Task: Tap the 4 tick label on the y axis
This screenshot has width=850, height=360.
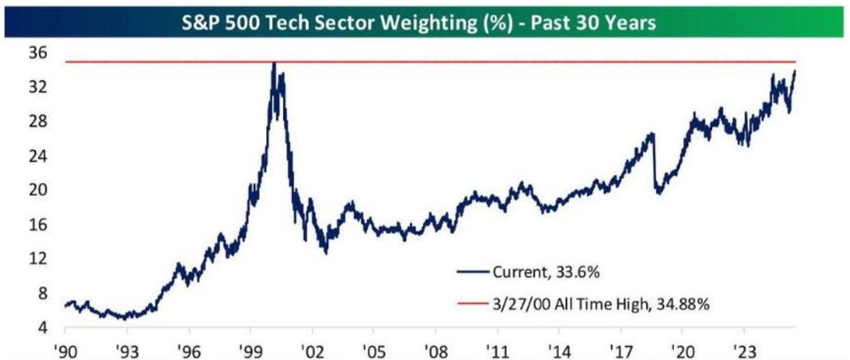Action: pos(43,328)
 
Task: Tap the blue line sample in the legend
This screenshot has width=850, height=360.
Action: pos(473,272)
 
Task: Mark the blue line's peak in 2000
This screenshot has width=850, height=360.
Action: pos(274,62)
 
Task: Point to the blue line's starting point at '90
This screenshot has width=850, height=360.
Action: pos(66,306)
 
